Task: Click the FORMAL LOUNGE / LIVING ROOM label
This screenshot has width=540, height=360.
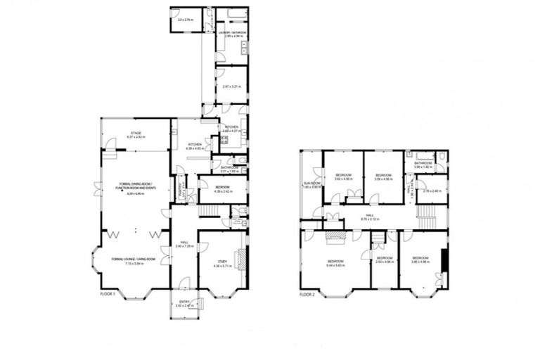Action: tap(132, 259)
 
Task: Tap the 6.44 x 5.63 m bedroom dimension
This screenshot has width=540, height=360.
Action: tap(335, 265)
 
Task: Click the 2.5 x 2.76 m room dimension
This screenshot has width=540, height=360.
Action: tap(186, 18)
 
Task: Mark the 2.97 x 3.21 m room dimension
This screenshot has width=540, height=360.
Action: tap(230, 86)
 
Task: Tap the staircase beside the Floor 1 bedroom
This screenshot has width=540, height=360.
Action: tap(207, 212)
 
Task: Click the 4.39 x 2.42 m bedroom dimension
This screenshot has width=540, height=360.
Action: tap(214, 191)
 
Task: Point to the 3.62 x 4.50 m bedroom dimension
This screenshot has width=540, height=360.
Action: tap(342, 179)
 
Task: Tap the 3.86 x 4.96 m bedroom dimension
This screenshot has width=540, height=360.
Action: tap(420, 262)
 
